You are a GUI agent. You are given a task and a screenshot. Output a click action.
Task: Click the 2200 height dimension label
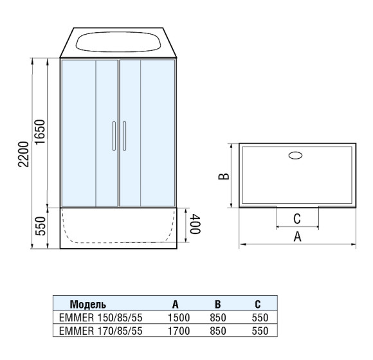[24, 154]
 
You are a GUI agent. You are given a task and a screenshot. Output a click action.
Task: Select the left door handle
[113, 135]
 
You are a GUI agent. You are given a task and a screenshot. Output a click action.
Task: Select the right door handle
[124, 135]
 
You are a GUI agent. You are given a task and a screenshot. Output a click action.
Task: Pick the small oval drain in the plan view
[297, 155]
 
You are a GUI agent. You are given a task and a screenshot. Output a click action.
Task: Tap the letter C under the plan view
[297, 219]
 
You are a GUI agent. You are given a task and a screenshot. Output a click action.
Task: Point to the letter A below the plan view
[297, 237]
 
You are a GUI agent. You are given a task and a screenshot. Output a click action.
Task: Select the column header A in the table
[175, 304]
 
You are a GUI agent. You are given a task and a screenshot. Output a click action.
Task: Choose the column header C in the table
[257, 304]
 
